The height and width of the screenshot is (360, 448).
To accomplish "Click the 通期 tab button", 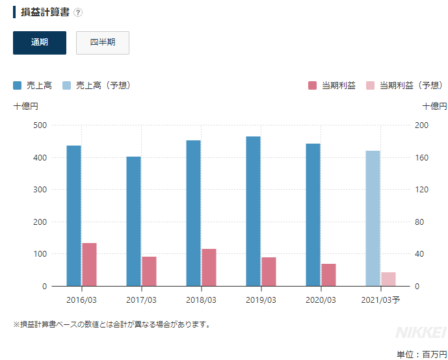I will [40, 43].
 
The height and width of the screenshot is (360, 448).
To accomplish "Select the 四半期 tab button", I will [103, 43].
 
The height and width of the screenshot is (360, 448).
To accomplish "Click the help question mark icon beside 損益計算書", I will [78, 12].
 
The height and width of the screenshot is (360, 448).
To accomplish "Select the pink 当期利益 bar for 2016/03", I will [89, 264].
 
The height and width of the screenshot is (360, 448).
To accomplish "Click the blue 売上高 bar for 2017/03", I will [133, 221].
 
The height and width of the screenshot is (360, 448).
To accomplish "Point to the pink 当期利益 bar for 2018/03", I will [209, 267].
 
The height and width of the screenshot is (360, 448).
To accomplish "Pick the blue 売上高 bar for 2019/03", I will [253, 211].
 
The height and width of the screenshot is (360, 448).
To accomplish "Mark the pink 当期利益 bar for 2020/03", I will [328, 275].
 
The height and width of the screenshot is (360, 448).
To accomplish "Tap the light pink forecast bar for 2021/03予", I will [388, 279].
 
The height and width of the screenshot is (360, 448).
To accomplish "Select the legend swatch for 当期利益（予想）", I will [370, 85].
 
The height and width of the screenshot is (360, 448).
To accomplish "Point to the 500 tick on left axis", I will [40, 125].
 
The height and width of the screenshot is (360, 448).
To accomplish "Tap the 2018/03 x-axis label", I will [201, 300].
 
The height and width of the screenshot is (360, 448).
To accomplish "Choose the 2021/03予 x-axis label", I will [380, 300].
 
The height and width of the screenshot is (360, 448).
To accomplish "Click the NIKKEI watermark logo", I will [420, 332].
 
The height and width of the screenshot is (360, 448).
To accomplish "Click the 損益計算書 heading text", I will [45, 12].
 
